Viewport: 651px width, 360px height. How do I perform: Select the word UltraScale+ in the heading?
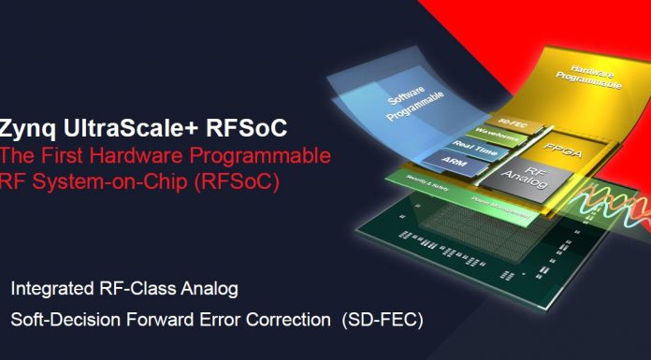pyautogui.click(x=128, y=127)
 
